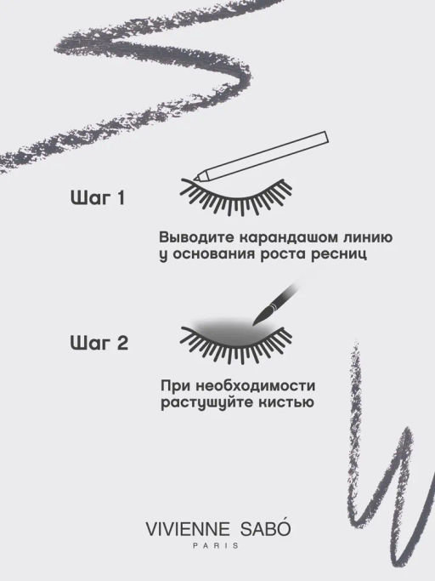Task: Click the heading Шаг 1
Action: point(98,197)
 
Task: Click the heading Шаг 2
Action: point(99,343)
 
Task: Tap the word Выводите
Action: point(197,237)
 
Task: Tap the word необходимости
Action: point(255,385)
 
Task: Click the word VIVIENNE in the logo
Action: point(188,529)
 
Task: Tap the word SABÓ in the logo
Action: point(265,528)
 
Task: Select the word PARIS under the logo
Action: point(216,546)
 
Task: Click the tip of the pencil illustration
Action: point(194,179)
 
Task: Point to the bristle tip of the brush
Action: point(254,324)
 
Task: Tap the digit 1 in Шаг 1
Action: point(121,198)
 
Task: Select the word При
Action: point(175,386)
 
